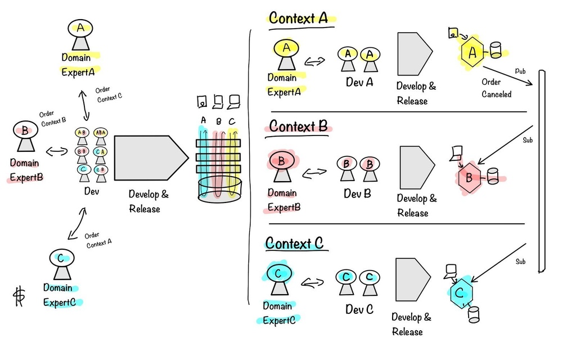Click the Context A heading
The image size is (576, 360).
[x=299, y=18]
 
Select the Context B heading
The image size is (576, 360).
[x=299, y=127]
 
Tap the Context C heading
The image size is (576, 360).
[x=294, y=244]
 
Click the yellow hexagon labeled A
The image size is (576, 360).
[x=472, y=53]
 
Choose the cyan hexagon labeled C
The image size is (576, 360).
[x=460, y=293]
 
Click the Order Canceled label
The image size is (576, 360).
[x=496, y=88]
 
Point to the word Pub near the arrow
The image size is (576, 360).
[x=520, y=71]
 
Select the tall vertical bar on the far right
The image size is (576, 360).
[x=542, y=171]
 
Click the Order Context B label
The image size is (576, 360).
[x=52, y=117]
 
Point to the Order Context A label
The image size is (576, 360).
[x=98, y=239]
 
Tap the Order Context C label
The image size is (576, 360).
[x=108, y=94]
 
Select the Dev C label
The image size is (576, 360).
[x=359, y=309]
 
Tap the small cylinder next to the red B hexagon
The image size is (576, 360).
[x=493, y=176]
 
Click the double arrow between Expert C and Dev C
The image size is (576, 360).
[x=312, y=282]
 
